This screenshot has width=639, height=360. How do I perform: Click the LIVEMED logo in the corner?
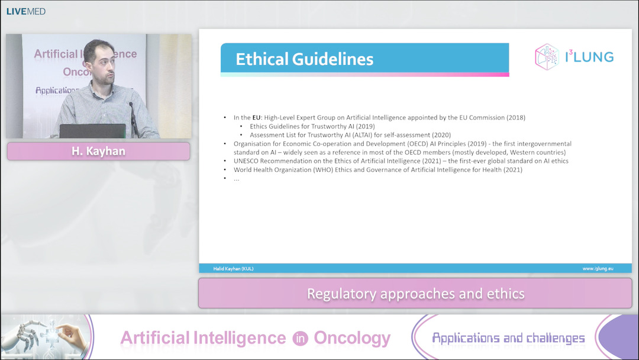point(25,11)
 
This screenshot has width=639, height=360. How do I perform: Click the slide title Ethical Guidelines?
point(304,59)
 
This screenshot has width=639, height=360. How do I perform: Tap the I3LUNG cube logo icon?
point(547,57)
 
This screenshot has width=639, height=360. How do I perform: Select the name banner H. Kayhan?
point(98,151)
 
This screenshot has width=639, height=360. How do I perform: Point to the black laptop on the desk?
point(92,131)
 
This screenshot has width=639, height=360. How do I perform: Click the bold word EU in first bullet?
point(257,118)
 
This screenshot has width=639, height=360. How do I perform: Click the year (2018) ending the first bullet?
point(514,118)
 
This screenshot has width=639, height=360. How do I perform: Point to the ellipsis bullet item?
point(237,178)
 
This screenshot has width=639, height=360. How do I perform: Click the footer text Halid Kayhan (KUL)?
point(233,268)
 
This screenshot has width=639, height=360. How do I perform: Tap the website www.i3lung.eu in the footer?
point(598,268)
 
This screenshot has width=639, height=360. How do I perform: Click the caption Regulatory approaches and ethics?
point(415,294)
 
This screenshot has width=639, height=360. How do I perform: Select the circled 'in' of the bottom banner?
point(299,338)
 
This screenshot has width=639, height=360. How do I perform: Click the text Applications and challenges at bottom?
point(508,338)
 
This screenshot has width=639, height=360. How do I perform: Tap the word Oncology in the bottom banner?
point(352,338)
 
